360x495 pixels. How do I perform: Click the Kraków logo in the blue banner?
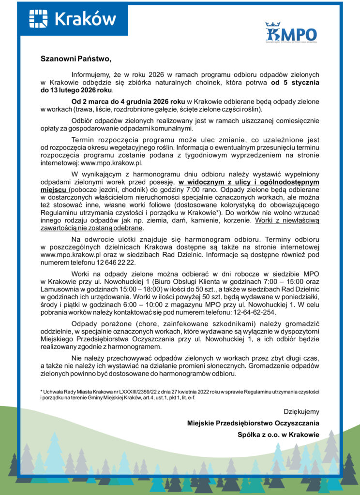[x=72, y=18]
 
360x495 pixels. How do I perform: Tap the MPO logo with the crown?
[x=291, y=33]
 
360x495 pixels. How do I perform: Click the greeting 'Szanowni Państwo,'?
[x=76, y=59]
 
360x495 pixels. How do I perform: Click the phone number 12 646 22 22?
[x=113, y=262]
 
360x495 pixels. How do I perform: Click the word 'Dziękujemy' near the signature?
[x=301, y=412]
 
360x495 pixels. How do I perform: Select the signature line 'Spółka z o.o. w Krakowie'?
[x=278, y=435]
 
